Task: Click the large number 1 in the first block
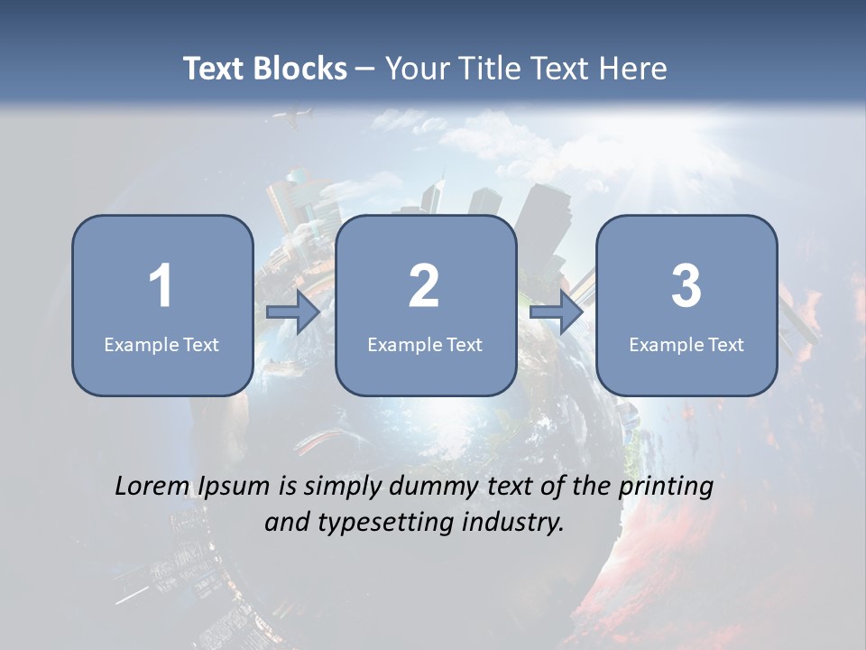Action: [161, 286]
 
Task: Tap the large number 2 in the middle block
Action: [424, 286]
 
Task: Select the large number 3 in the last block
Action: [686, 286]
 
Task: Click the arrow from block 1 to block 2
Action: [293, 312]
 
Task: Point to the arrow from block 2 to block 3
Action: [557, 312]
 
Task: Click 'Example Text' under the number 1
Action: [161, 345]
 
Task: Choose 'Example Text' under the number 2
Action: [425, 345]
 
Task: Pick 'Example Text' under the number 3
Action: [686, 345]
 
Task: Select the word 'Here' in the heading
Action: [633, 69]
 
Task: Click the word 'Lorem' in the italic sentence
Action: [152, 487]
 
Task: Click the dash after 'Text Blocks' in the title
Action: [365, 70]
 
